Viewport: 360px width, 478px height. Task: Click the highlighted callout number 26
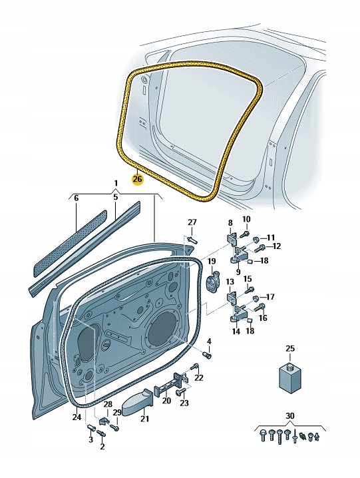[x=137, y=178]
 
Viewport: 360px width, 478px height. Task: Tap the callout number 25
[x=289, y=348]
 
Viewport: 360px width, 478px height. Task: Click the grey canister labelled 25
[x=289, y=377]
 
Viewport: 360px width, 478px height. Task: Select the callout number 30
[x=289, y=416]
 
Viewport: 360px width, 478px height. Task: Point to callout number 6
[x=76, y=198]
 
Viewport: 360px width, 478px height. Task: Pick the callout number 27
[x=192, y=222]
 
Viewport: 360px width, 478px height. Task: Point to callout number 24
[x=77, y=417]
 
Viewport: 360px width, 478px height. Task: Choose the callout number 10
[x=246, y=219]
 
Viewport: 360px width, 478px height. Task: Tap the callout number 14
[x=236, y=331]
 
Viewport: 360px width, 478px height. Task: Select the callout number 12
[x=276, y=246]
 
